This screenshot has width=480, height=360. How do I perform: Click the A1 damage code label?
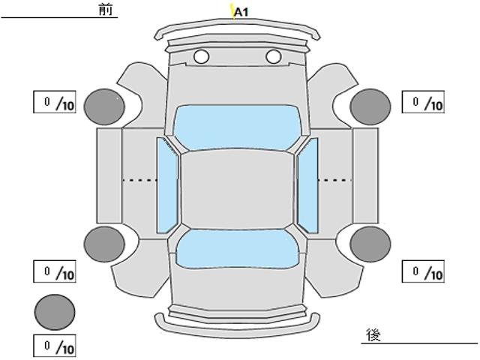tap(241, 12)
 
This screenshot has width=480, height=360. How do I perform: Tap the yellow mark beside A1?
tap(232, 11)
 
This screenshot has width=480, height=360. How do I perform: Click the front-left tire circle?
tap(104, 106)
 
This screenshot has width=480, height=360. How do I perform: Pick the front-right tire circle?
tap(370, 106)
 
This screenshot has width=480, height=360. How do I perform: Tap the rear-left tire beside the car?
tap(104, 243)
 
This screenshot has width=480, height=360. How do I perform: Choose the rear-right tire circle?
tap(370, 243)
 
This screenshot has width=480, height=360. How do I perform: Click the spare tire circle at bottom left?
tap(55, 311)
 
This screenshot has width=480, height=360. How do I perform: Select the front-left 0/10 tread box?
tap(55, 102)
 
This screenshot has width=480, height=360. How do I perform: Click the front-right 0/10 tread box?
tap(423, 102)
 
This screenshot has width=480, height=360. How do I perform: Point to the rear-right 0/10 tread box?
tap(423, 271)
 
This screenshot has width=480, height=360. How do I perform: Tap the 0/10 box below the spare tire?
tap(55, 346)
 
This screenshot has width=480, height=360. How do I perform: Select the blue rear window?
tap(236, 248)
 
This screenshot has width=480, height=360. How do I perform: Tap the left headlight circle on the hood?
tap(201, 56)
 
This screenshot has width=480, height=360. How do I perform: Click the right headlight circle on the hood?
tap(273, 56)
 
